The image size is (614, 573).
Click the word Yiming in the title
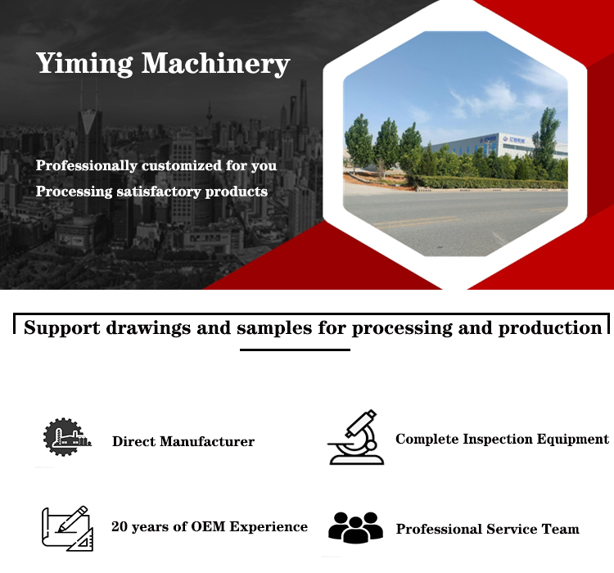[84, 64]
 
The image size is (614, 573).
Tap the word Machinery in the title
[215, 64]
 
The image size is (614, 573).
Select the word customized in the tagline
[182, 165]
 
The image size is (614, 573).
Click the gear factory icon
[66, 437]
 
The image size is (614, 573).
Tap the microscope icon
[356, 437]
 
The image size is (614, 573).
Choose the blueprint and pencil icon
[67, 528]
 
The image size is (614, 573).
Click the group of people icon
[355, 527]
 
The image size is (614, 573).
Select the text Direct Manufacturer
[183, 441]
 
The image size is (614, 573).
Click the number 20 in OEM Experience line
[120, 526]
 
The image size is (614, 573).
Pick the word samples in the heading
[274, 328]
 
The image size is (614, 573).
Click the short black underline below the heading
[295, 350]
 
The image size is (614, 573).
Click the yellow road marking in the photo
[418, 222]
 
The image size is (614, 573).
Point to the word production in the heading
[550, 328]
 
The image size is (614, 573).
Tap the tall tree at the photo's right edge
[548, 141]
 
